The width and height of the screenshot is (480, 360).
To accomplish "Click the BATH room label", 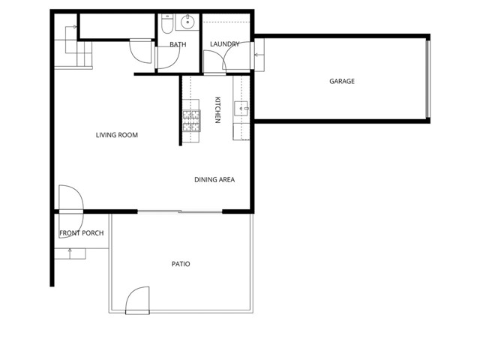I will [178, 44].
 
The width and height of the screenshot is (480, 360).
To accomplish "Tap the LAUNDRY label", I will [224, 44].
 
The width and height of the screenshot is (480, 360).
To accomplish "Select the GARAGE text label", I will [342, 81].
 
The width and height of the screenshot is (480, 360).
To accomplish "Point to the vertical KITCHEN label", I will [218, 110].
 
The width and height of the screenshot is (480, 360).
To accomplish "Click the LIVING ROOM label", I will [117, 135].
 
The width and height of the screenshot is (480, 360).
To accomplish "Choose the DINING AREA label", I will [214, 179].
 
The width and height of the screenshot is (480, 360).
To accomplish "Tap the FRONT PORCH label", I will [81, 233].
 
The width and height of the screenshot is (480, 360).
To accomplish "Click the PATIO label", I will [181, 264].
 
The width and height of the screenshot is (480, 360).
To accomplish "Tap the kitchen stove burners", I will [190, 120].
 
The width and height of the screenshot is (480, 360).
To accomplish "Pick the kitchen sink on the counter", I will [241, 108].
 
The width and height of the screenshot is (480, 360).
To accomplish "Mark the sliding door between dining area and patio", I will [180, 212].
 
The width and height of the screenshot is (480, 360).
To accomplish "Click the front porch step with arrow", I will [70, 253].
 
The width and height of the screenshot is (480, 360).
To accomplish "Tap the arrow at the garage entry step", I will [259, 55].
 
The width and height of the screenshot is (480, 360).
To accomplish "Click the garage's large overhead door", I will [428, 79].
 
